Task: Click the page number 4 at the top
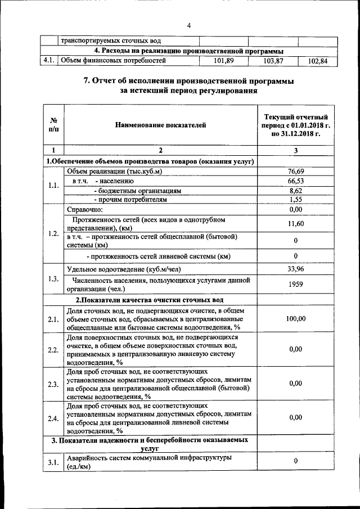[x=188, y=26]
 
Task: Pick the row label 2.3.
[x=53, y=384]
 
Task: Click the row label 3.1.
[x=53, y=462]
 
